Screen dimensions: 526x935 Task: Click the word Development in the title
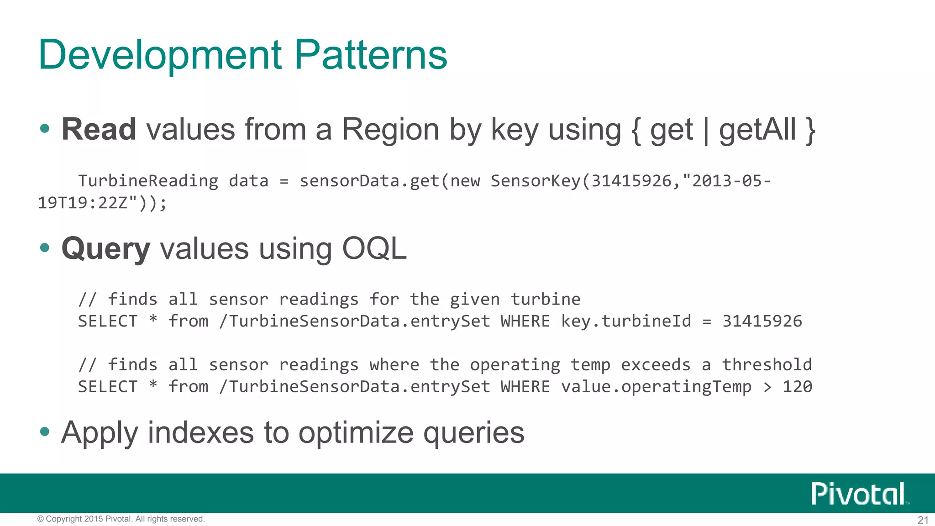tap(160, 56)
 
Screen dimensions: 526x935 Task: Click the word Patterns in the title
tap(370, 55)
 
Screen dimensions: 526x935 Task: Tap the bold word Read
tap(99, 129)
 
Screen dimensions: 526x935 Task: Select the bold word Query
tap(105, 250)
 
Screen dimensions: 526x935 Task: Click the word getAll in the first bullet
tap(757, 130)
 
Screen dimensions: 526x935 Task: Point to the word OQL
tap(374, 249)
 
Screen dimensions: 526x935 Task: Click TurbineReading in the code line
tap(148, 181)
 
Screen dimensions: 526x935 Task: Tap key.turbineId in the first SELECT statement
tap(626, 321)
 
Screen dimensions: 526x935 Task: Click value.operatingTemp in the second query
tap(656, 387)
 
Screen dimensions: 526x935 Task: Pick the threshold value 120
tap(797, 387)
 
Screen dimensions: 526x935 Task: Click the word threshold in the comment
tap(767, 365)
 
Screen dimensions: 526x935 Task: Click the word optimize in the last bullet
tap(356, 432)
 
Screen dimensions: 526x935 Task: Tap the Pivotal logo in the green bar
tap(858, 494)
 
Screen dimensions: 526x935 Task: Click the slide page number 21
tap(923, 520)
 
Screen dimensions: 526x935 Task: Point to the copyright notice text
tap(121, 519)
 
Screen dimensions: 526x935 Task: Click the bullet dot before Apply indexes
tap(45, 431)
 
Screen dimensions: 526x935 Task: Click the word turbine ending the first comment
tap(545, 300)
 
